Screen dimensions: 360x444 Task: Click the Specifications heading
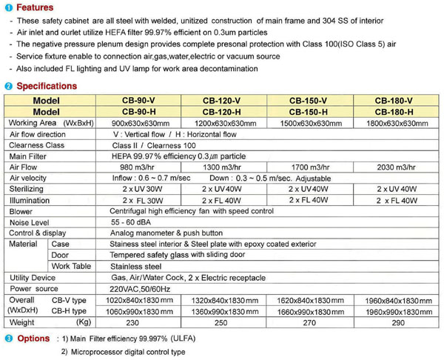(x=46, y=86)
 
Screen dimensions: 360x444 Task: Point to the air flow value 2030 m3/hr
(x=393, y=168)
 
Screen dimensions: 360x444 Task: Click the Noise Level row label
(x=30, y=222)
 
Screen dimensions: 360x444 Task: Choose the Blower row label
(x=21, y=211)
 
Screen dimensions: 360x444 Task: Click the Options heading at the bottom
(x=33, y=339)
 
